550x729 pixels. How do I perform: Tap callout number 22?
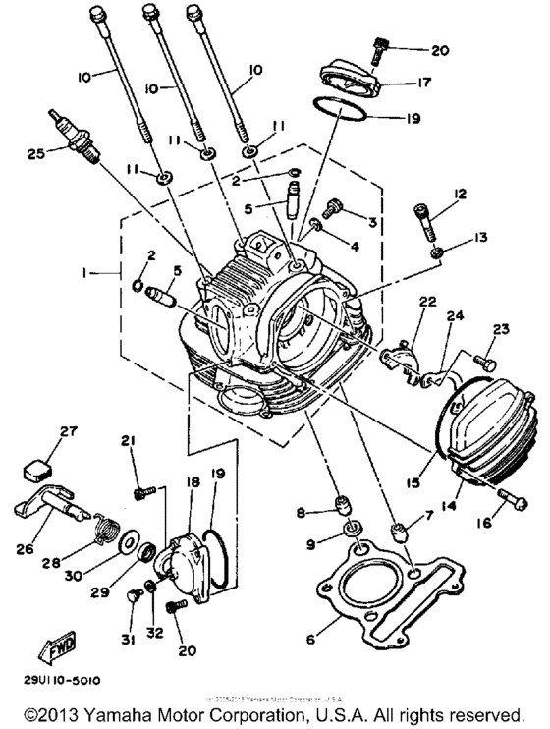[x=427, y=300]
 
